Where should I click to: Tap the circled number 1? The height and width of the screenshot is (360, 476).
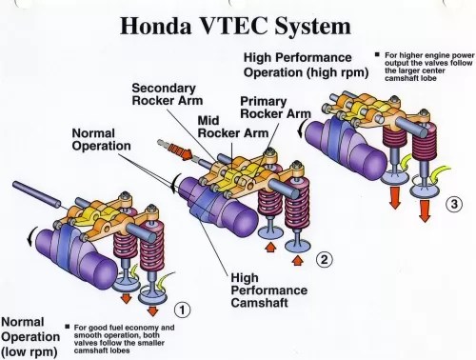pyautogui.click(x=182, y=309)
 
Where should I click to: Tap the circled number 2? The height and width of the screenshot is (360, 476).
pyautogui.click(x=325, y=259)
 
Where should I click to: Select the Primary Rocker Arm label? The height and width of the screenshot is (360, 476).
pyautogui.click(x=275, y=108)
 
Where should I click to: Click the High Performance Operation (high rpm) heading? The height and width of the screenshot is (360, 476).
pyautogui.click(x=306, y=65)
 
